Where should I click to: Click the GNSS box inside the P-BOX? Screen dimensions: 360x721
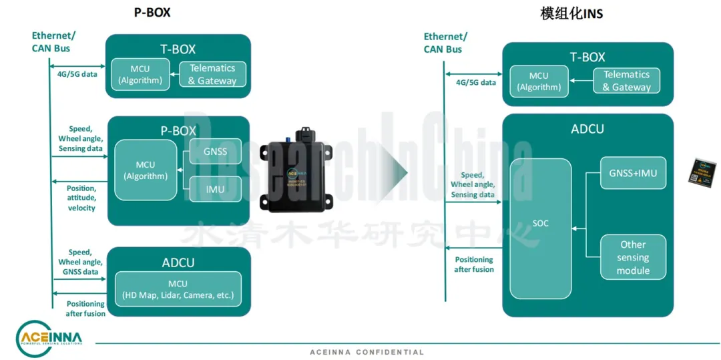[x=215, y=152]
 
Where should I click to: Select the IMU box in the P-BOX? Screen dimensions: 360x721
[x=215, y=190]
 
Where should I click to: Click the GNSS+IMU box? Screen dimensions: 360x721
[x=633, y=174]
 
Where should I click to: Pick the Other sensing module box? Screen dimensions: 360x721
[x=633, y=256]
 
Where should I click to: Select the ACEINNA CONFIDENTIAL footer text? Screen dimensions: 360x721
[x=367, y=352]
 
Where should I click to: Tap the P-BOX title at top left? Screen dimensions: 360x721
[x=152, y=13]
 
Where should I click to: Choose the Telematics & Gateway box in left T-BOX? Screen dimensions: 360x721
[x=212, y=74]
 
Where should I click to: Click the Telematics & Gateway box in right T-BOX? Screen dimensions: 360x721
[x=626, y=81]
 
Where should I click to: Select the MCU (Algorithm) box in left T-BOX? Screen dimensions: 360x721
[x=140, y=74]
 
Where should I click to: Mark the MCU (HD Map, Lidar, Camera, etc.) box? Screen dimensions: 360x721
[x=178, y=289]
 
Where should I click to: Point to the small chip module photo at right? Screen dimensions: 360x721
[x=702, y=170]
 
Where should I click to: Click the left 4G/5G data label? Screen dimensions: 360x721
[x=77, y=74]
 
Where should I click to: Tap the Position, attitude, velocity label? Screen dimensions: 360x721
[x=81, y=198]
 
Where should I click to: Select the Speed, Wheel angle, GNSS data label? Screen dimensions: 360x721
[x=79, y=262]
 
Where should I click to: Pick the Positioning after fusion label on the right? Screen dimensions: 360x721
[x=474, y=264]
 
